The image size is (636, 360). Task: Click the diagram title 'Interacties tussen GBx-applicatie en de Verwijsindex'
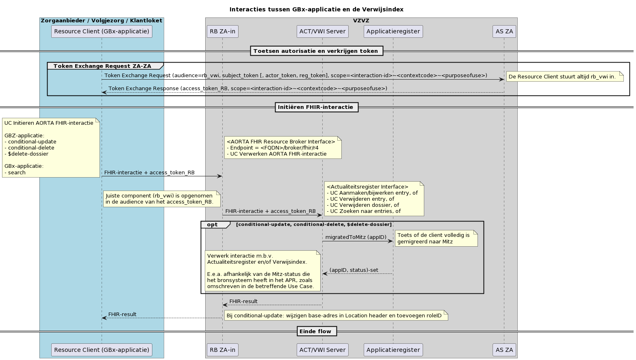click(316, 9)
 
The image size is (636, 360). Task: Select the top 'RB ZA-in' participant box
click(222, 31)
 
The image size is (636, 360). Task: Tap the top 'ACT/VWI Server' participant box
click(322, 31)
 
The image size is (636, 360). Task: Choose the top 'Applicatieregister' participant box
click(393, 31)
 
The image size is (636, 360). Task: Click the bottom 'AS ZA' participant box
click(504, 350)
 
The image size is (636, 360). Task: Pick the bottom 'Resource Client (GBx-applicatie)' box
click(102, 350)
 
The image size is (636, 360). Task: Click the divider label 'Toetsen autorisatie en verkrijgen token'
click(316, 51)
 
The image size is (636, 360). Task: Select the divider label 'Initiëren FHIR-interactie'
click(316, 107)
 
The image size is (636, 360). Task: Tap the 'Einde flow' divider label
click(316, 331)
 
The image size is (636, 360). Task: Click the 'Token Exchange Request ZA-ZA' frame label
click(102, 66)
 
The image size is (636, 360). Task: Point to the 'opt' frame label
click(213, 225)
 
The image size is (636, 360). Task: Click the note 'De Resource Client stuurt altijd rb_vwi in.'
click(564, 76)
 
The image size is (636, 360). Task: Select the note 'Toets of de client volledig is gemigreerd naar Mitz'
click(436, 239)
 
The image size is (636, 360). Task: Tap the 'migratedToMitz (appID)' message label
click(356, 237)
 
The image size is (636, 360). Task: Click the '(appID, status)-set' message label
click(354, 270)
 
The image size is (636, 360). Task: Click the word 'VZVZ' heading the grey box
click(361, 21)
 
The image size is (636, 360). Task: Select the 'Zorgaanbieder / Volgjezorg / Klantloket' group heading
click(102, 21)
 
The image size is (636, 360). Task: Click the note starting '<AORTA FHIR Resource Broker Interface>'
click(282, 147)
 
